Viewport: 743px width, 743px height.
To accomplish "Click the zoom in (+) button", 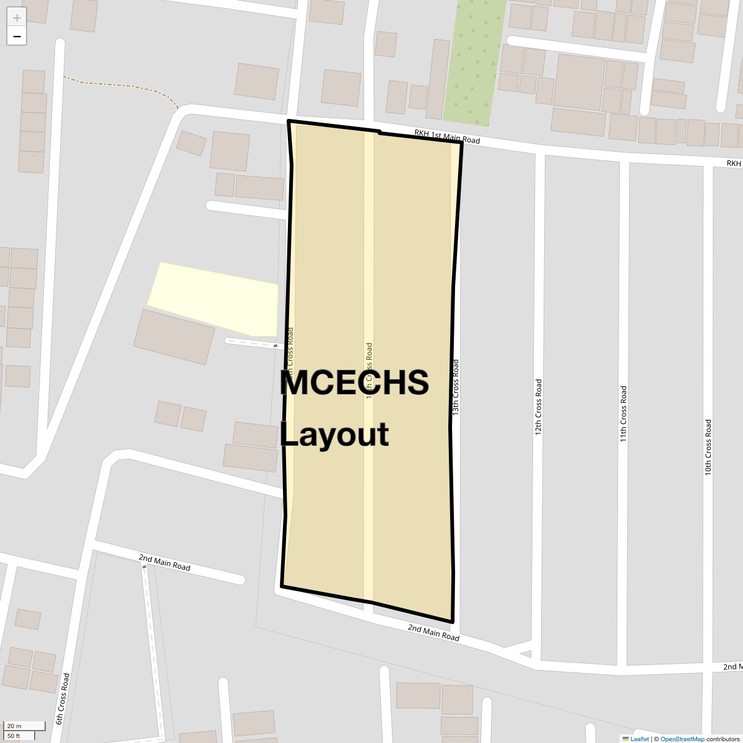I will click(x=17, y=18).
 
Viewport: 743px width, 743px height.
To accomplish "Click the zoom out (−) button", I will click(x=17, y=37).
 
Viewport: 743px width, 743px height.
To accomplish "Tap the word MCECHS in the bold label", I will click(x=354, y=383).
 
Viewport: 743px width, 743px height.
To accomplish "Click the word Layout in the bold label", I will click(x=334, y=434).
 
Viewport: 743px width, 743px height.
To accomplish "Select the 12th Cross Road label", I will click(x=538, y=406).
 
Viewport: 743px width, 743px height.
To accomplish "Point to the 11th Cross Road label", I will click(x=624, y=414).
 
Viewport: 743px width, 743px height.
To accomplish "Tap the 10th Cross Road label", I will click(x=708, y=447).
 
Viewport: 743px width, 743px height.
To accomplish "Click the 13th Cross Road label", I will click(x=456, y=387).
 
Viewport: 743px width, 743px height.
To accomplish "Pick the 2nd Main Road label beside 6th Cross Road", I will click(x=164, y=562).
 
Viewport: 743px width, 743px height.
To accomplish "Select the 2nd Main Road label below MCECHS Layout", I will click(x=433, y=632).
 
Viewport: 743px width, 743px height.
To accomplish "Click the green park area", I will click(x=474, y=62).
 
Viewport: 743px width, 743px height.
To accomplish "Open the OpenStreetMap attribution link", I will click(x=682, y=739).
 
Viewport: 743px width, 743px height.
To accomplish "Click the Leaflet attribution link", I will click(x=639, y=739).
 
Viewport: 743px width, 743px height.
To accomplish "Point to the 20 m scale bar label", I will click(x=14, y=726).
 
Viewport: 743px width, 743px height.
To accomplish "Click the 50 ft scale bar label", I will click(x=14, y=736).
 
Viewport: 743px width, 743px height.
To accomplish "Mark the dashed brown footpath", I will click(x=118, y=85).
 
